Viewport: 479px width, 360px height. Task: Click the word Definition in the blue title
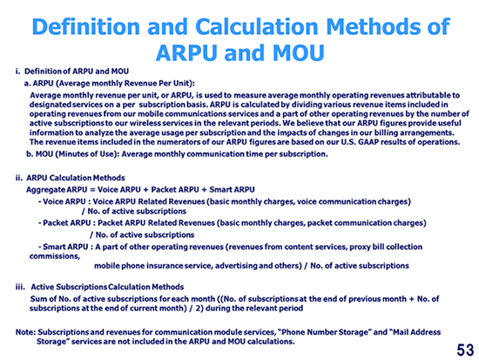coord(86,26)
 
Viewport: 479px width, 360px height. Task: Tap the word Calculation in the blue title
coord(257,26)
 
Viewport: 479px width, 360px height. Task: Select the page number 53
coord(465,350)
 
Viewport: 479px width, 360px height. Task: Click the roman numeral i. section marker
coord(17,71)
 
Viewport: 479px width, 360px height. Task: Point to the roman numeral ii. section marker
coord(19,178)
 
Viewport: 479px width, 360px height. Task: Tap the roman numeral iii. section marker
coord(20,287)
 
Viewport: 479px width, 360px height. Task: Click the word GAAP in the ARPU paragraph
coord(368,142)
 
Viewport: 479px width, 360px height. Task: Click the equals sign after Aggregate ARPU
coord(92,190)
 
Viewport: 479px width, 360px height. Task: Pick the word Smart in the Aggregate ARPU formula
coord(220,190)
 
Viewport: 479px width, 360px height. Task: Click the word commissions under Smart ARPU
coord(55,256)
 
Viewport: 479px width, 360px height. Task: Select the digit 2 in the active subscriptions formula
coord(199,308)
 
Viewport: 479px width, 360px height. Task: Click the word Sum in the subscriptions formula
coord(37,299)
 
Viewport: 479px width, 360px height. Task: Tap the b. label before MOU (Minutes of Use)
coord(30,153)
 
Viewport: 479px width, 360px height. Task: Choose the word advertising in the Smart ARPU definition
coord(236,266)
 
